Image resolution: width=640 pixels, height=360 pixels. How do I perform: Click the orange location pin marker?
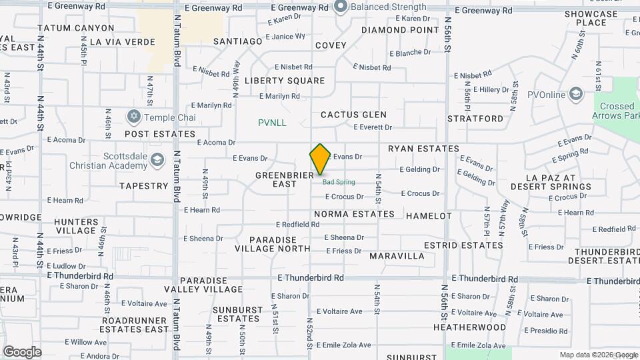[320, 159]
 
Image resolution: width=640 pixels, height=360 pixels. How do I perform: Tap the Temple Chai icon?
[133, 117]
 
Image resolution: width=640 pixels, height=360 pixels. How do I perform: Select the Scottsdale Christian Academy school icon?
[157, 159]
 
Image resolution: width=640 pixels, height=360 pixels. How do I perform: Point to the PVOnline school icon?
[576, 95]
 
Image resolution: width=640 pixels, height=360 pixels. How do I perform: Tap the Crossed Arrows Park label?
[617, 111]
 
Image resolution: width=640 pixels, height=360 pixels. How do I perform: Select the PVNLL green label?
[272, 123]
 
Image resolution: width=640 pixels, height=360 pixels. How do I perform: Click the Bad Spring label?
[339, 182]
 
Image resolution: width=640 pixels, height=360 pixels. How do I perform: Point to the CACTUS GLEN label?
[353, 115]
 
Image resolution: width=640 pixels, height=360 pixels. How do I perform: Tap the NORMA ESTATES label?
[354, 214]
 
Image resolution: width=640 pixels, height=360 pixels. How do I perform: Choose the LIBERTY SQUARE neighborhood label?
[285, 81]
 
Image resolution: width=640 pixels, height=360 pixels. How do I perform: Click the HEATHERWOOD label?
[469, 327]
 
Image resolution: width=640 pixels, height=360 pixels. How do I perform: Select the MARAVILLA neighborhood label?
[397, 256]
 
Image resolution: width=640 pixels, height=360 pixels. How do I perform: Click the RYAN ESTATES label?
[423, 149]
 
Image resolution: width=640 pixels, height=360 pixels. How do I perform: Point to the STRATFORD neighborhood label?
[475, 119]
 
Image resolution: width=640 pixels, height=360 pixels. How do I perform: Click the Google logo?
[22, 351]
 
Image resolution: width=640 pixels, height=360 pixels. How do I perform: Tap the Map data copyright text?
[598, 355]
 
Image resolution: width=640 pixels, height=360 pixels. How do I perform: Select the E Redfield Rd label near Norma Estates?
[298, 225]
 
